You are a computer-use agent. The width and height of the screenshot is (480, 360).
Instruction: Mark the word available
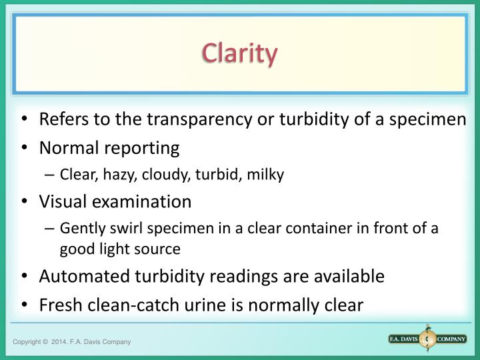tap(349, 276)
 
